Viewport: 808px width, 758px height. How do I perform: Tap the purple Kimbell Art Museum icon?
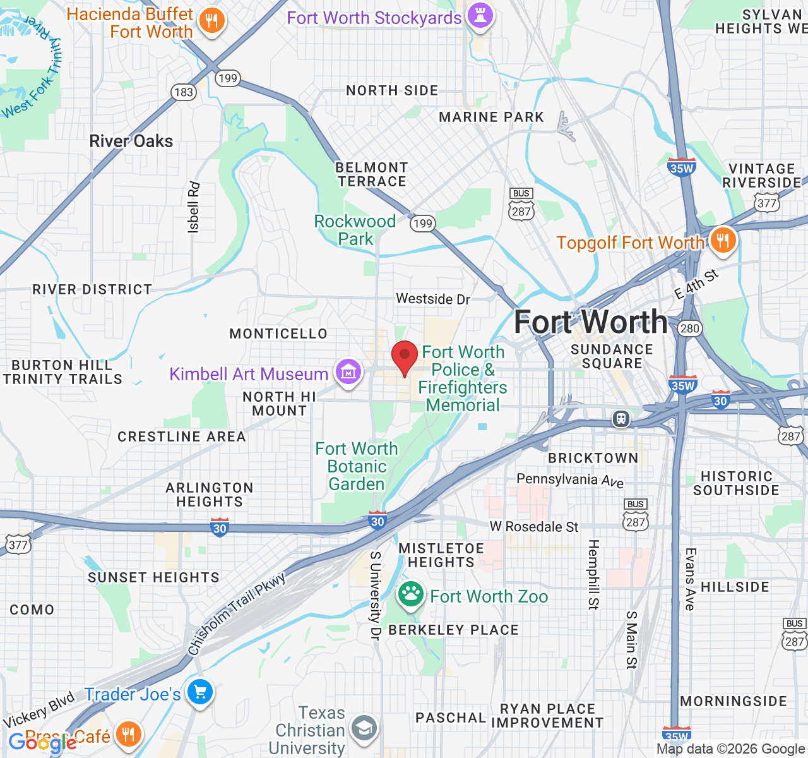pyautogui.click(x=348, y=372)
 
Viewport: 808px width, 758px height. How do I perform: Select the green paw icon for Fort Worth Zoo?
pyautogui.click(x=410, y=594)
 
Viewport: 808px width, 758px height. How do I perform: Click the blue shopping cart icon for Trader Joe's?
pyautogui.click(x=200, y=693)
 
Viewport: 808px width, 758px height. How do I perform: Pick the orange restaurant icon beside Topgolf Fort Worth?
pyautogui.click(x=723, y=241)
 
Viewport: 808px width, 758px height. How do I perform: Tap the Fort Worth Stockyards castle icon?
pyautogui.click(x=480, y=16)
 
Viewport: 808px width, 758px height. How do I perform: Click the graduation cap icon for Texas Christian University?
pyautogui.click(x=364, y=728)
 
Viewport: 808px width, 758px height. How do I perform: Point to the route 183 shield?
pyautogui.click(x=184, y=92)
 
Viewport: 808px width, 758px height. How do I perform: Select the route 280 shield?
pyautogui.click(x=689, y=328)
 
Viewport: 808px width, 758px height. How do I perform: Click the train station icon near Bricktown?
pyautogui.click(x=622, y=419)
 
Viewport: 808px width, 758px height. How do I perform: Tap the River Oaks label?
pyautogui.click(x=131, y=141)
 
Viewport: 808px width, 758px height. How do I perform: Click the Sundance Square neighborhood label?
pyautogui.click(x=612, y=356)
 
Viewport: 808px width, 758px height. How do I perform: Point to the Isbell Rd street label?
pyautogui.click(x=193, y=208)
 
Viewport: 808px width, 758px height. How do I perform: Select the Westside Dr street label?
pyautogui.click(x=433, y=299)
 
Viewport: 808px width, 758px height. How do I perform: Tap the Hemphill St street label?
pyautogui.click(x=593, y=574)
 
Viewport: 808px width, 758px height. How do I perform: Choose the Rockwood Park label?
pyautogui.click(x=355, y=230)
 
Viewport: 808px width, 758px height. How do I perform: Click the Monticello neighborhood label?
pyautogui.click(x=278, y=334)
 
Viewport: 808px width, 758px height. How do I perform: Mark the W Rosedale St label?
pyautogui.click(x=534, y=527)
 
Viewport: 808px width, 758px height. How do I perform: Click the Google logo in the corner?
pyautogui.click(x=42, y=743)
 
